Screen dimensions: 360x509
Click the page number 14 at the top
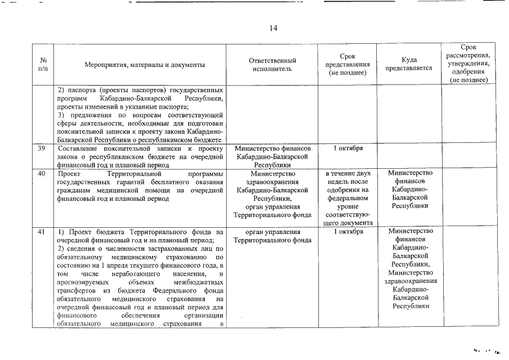tap(273, 28)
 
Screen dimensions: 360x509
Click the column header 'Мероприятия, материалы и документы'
tap(145, 65)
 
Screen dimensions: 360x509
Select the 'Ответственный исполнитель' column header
tap(272, 65)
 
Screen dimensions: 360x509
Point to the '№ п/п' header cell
tap(43, 65)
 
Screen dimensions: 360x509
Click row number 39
tap(42, 148)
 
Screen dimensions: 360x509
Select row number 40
tap(42, 173)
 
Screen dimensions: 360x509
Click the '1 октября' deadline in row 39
tap(348, 148)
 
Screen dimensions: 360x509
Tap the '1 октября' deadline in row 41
tap(348, 232)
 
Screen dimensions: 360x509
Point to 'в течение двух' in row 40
tap(348, 173)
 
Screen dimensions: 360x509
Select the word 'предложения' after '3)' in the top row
tap(88, 115)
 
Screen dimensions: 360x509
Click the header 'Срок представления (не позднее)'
tap(348, 65)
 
